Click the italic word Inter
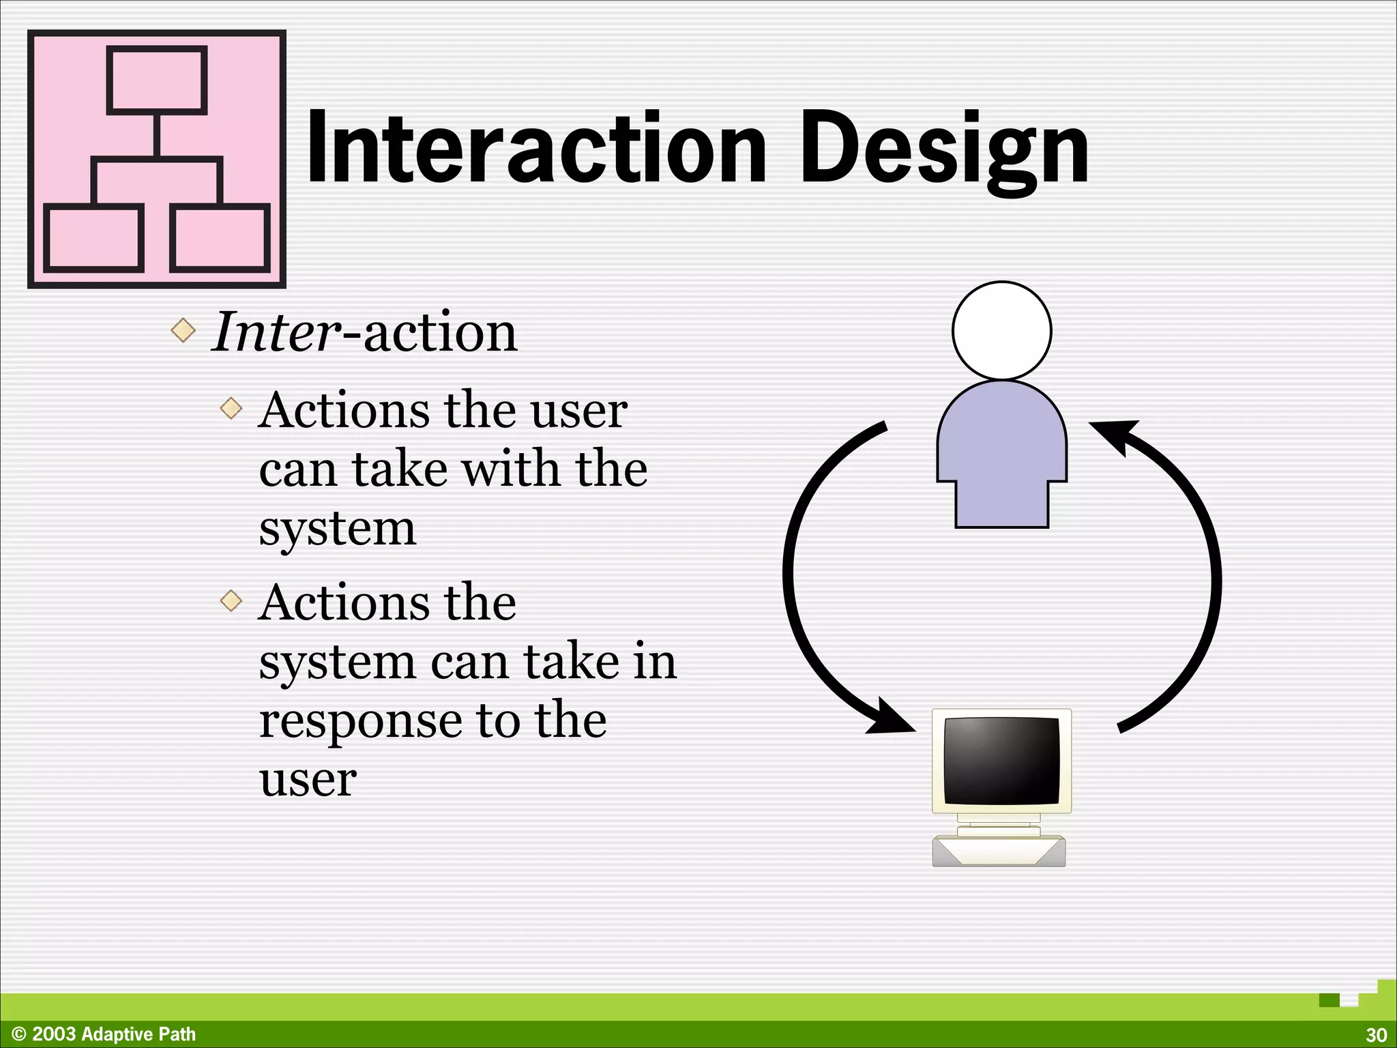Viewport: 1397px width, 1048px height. pyautogui.click(x=276, y=332)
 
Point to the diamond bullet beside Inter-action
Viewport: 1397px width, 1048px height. pyautogui.click(x=183, y=331)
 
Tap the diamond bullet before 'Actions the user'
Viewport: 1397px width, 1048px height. pyautogui.click(x=232, y=409)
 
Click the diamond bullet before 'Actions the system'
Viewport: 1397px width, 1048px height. pyautogui.click(x=232, y=601)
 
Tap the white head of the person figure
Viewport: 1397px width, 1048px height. pyautogui.click(x=1001, y=331)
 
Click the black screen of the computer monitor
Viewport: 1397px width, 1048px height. pyautogui.click(x=1001, y=759)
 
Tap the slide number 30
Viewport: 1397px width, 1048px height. pyautogui.click(x=1375, y=1034)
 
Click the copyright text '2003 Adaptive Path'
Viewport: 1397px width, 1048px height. pyautogui.click(x=113, y=1034)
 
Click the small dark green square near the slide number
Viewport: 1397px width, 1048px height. pyautogui.click(x=1329, y=1000)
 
